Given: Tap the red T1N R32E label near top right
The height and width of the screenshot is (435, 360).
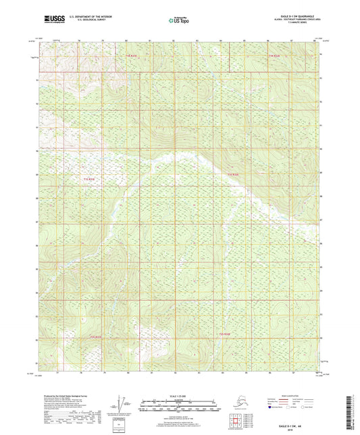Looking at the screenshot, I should (x=273, y=55).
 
